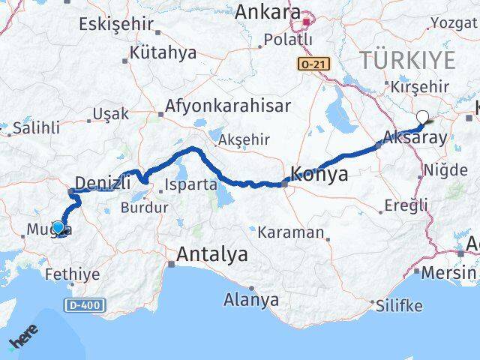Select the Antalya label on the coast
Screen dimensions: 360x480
coord(211,255)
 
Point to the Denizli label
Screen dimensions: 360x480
coord(103,181)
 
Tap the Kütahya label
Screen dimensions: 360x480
coord(163,53)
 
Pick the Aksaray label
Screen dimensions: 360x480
coord(415,137)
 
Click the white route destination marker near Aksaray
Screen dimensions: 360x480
coord(423,117)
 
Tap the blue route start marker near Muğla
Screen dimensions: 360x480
coord(58,227)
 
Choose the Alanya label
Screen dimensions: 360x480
coord(251,300)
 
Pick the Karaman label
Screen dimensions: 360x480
coord(290,232)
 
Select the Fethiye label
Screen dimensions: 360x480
coord(72,274)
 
